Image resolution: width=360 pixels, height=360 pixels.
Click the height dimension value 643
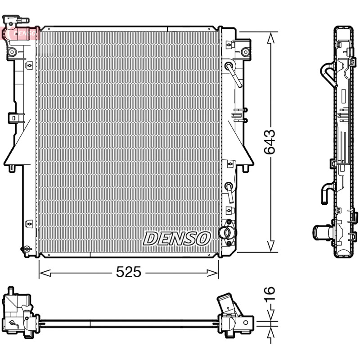[x=269, y=142]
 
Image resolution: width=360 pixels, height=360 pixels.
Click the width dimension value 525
[x=129, y=272]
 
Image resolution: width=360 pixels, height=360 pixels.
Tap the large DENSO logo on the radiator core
[x=177, y=238]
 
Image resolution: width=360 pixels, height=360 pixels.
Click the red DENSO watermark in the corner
[x=20, y=33]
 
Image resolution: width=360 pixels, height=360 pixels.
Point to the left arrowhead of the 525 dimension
[x=45, y=273]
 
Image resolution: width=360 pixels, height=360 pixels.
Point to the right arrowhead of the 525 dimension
[x=212, y=273]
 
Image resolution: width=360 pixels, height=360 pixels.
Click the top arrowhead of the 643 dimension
[x=271, y=38]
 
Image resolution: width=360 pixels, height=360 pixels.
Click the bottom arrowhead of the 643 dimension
[x=271, y=246]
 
